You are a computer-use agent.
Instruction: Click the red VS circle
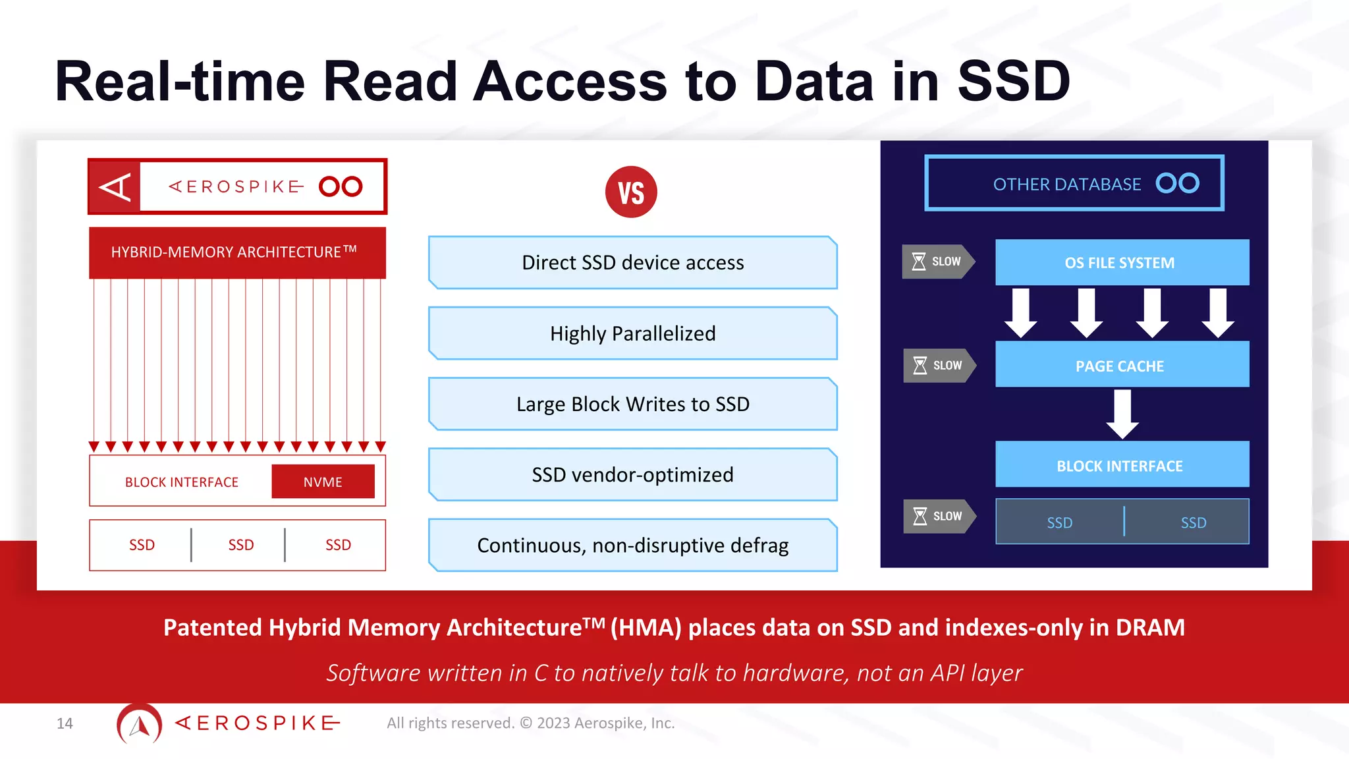(631, 192)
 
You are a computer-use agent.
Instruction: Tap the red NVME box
(323, 482)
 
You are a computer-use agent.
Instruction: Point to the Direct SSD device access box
(632, 262)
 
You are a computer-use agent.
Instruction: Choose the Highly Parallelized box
(632, 333)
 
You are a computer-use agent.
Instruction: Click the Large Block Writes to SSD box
(632, 404)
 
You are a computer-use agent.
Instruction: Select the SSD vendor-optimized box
(632, 474)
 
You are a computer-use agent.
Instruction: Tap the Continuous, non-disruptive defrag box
(632, 545)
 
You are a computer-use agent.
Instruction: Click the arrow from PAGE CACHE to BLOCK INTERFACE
(1122, 414)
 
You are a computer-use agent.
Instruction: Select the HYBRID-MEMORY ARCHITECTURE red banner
(237, 252)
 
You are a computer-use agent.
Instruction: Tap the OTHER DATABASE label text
(1066, 184)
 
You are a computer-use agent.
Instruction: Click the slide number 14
(65, 723)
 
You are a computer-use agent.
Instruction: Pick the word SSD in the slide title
(1013, 82)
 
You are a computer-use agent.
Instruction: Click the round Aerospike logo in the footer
(139, 724)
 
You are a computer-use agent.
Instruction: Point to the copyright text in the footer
(530, 723)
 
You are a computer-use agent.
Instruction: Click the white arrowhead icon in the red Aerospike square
(115, 187)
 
